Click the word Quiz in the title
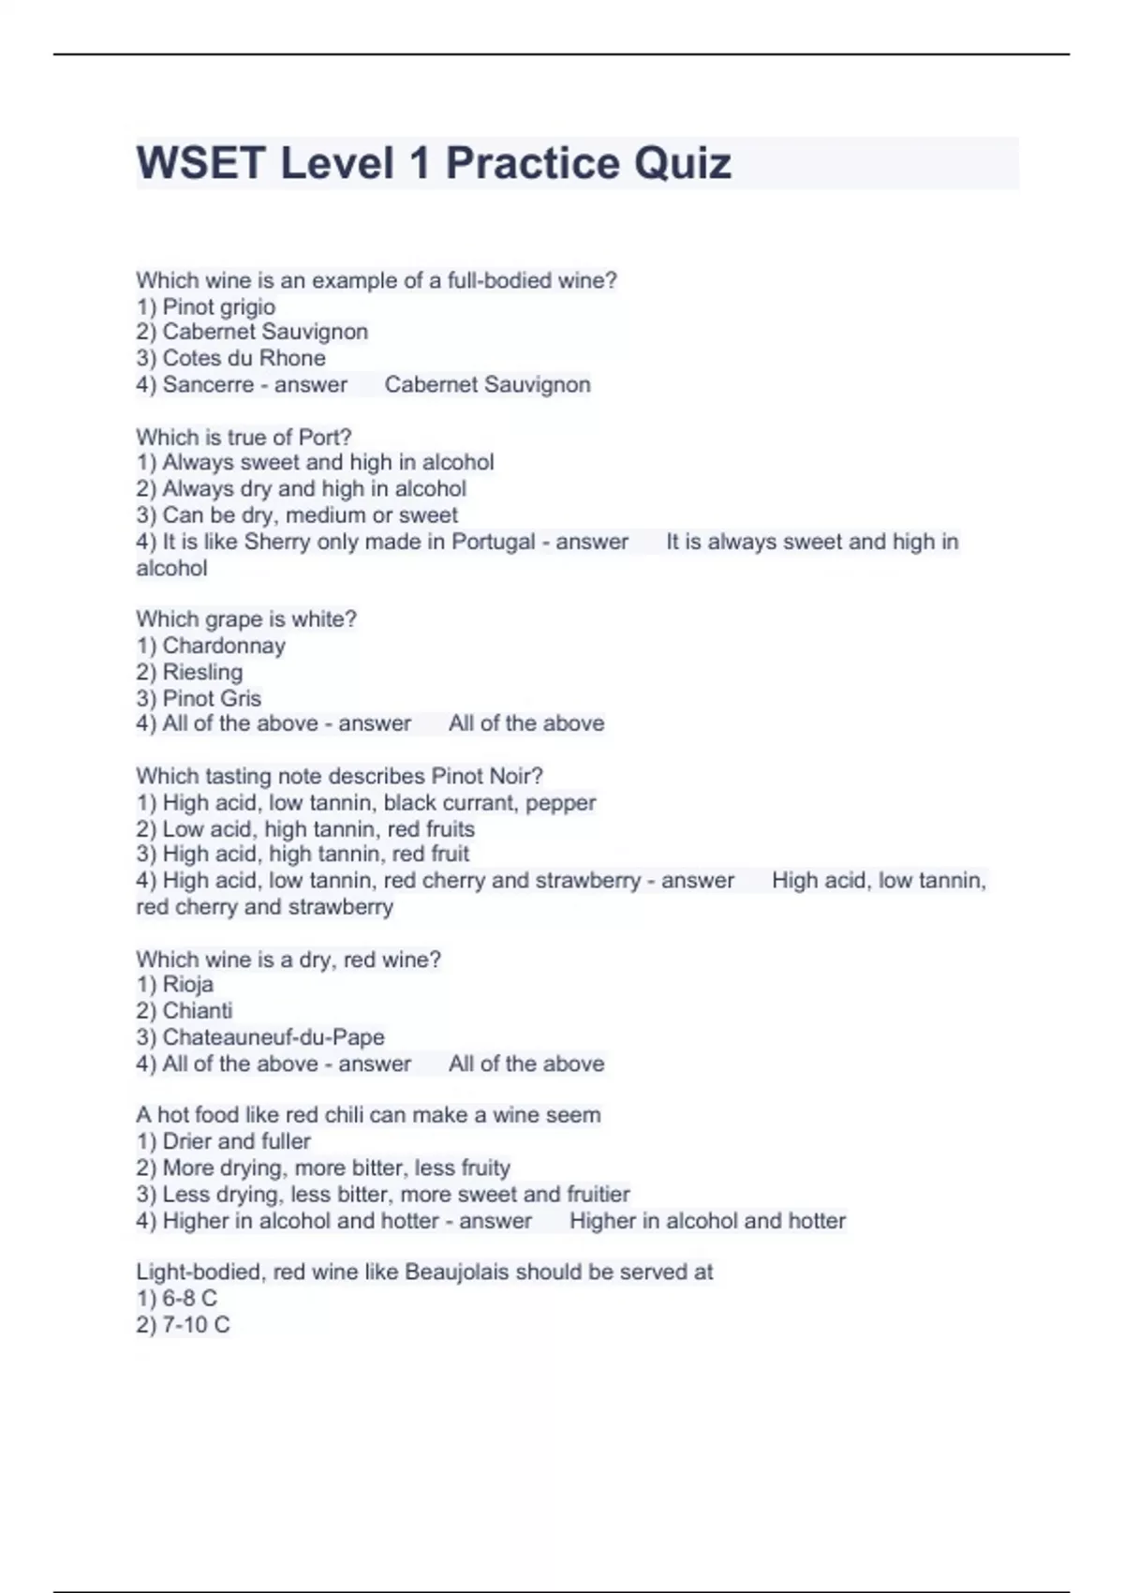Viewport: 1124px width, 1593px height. tap(682, 164)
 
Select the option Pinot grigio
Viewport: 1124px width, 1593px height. tap(218, 306)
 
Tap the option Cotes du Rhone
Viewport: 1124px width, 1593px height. tap(244, 358)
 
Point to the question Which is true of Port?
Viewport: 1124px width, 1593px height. tap(244, 437)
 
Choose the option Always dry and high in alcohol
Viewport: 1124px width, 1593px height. tap(313, 488)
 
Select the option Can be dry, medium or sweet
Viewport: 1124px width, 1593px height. tap(309, 514)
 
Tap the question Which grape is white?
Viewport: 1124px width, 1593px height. tap(246, 618)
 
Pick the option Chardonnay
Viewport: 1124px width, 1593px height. tap(223, 646)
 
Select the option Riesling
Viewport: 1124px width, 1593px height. tap(201, 672)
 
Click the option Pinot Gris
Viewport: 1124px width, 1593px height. tap(211, 698)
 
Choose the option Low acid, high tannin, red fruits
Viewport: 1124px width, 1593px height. tap(318, 828)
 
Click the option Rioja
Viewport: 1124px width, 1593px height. tap(187, 984)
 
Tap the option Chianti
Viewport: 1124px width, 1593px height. tap(197, 1010)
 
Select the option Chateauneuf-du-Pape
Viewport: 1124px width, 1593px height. tap(273, 1036)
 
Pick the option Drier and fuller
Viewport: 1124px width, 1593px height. tap(236, 1141)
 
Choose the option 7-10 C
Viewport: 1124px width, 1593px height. tap(195, 1324)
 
